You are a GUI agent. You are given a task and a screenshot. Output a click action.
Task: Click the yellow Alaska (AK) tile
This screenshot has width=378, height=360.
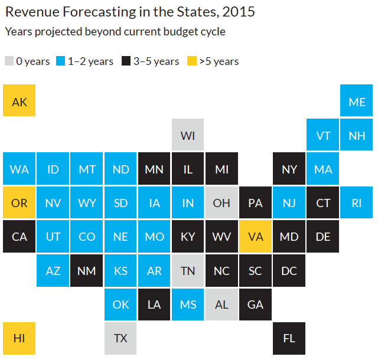[x=19, y=101]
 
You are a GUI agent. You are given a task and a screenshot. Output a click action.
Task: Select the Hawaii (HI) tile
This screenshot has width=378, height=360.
[x=19, y=338]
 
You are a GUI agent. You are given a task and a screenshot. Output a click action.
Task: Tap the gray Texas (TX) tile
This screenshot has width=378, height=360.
[x=120, y=338]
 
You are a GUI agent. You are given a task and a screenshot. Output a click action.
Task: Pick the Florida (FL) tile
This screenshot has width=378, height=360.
[x=289, y=338]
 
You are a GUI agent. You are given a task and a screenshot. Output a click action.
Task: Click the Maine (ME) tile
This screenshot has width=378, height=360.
[x=357, y=101]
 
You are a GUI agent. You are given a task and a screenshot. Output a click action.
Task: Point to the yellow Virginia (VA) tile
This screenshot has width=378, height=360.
[x=255, y=236]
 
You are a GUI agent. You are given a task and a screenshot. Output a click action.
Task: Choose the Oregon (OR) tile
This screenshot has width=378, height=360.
[x=19, y=202]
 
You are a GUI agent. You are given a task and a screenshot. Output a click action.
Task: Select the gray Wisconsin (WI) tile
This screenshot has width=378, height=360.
[x=188, y=135]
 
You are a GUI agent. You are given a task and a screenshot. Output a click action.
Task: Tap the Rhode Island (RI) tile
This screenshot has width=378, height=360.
[x=357, y=202]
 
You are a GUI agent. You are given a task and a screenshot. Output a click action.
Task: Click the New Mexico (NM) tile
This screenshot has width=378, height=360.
[x=87, y=270]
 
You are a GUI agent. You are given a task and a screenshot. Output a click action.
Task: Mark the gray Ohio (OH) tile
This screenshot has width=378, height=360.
[x=221, y=202]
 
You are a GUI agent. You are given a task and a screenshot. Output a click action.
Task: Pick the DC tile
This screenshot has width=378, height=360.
[x=289, y=270]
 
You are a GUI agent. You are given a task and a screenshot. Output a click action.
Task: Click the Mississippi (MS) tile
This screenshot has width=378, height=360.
[x=188, y=304]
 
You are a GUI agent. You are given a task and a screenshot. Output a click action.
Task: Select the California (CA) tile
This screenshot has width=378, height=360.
[x=19, y=236]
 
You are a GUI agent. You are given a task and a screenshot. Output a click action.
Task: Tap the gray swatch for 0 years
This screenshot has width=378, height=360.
[x=9, y=61]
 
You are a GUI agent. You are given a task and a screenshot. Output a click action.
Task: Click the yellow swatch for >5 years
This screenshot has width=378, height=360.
[x=192, y=61]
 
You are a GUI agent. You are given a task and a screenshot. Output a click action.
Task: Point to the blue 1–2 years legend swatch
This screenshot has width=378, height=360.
[x=61, y=61]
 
